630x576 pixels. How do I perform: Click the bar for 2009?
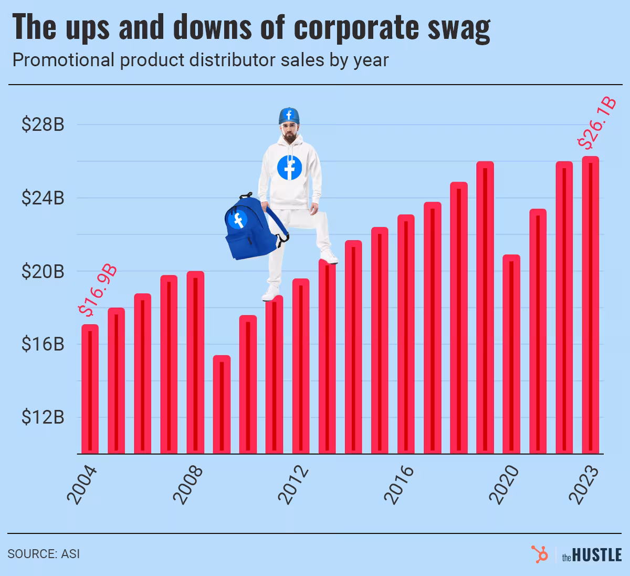tap(222, 405)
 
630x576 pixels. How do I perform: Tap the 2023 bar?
tap(590, 305)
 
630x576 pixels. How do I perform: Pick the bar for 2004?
tap(90, 389)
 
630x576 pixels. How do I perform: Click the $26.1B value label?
tap(596, 124)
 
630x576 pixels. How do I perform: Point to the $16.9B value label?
tap(97, 292)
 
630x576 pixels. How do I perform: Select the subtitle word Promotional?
tap(63, 60)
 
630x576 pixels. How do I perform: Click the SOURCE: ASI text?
tap(44, 554)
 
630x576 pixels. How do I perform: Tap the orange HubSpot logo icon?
tap(539, 554)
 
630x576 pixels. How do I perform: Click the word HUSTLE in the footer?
tap(597, 555)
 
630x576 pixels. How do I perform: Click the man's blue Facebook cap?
tap(288, 115)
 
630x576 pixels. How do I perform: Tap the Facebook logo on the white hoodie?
tap(289, 168)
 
